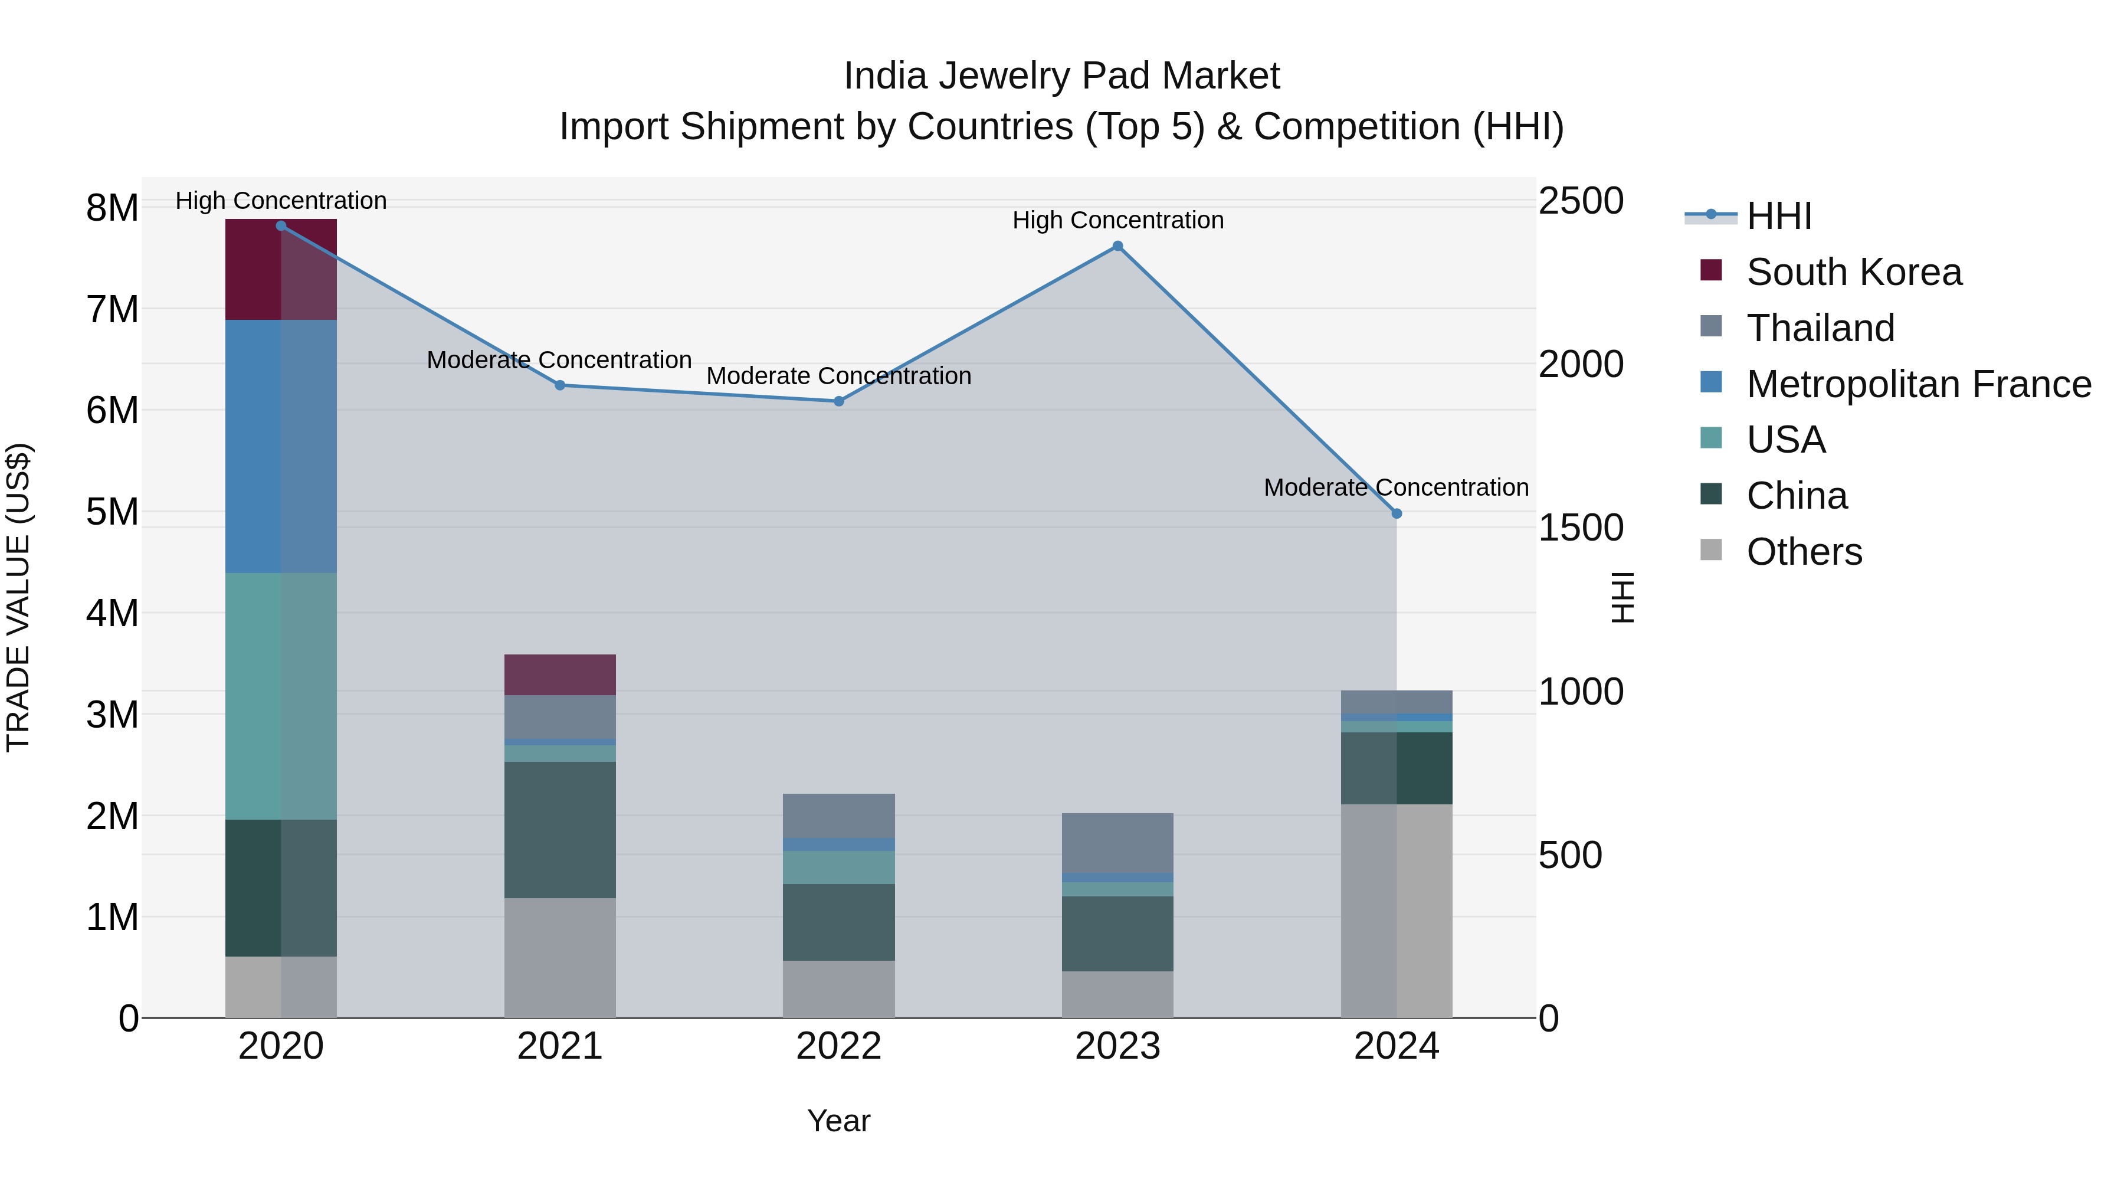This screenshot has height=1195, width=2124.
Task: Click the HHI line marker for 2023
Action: [x=1117, y=245]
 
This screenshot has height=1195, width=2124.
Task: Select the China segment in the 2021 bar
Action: [x=560, y=830]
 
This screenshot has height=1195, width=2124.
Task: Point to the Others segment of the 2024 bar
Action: [x=1396, y=911]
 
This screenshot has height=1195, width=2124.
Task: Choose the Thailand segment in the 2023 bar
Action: [x=1117, y=843]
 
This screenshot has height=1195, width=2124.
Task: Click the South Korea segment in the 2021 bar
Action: [x=560, y=675]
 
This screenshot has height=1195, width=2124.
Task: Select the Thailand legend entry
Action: [x=1820, y=328]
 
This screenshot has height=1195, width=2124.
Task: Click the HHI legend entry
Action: [x=1778, y=216]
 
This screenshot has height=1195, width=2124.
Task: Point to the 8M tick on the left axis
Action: [x=112, y=208]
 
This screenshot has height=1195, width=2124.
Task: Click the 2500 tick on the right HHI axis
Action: [x=1581, y=201]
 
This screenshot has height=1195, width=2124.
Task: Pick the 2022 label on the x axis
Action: [x=838, y=1046]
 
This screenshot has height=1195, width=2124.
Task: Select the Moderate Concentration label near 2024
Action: [x=1395, y=487]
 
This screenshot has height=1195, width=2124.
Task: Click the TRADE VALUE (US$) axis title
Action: [x=18, y=597]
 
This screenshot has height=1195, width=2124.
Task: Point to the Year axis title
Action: [x=838, y=1121]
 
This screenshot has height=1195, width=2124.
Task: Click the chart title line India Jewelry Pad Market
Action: [x=1061, y=76]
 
